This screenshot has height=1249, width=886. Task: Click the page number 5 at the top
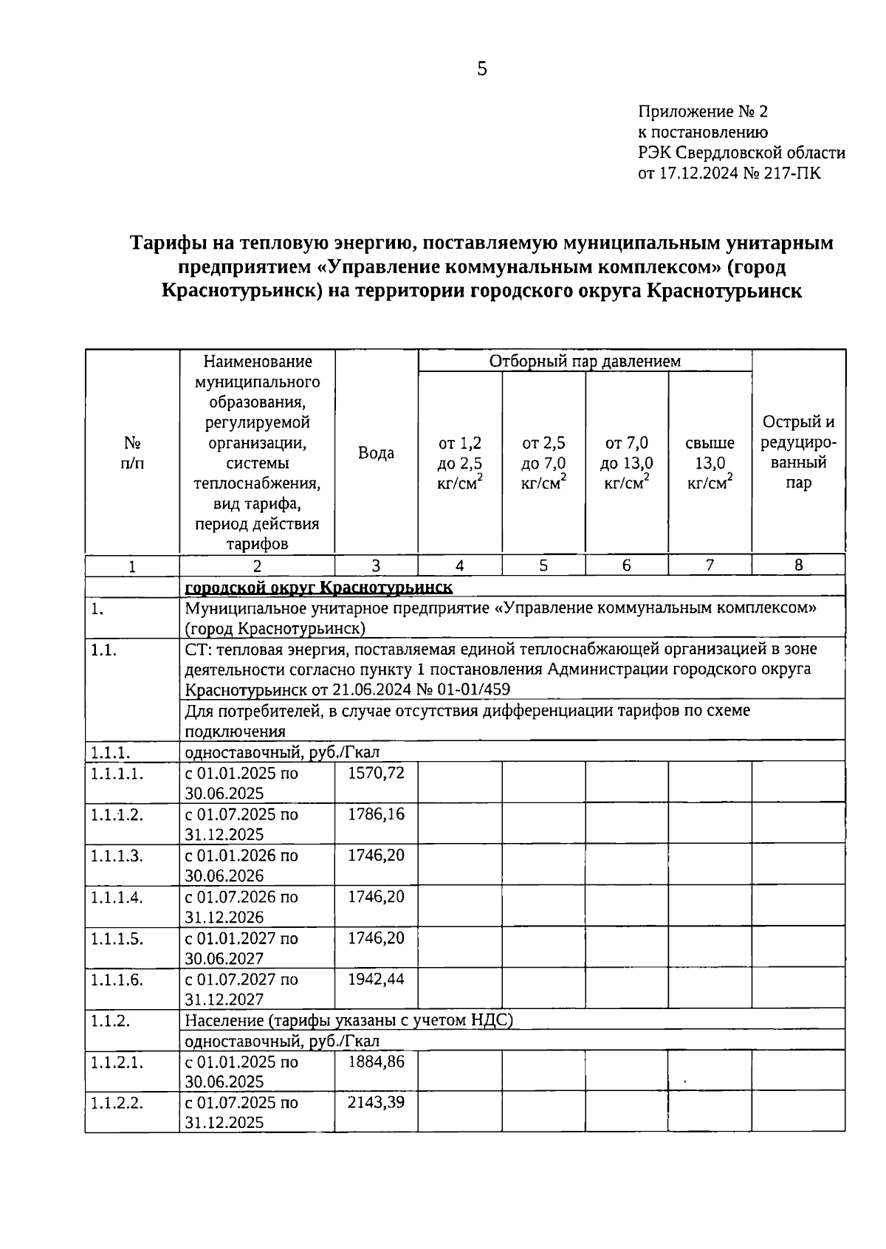coord(482,69)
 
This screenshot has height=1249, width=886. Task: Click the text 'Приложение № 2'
coord(703,112)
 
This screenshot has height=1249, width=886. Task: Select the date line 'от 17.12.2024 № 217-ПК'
coord(729,174)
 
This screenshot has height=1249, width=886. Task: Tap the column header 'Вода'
coord(376,453)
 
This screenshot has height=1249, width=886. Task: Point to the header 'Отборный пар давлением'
coord(585,361)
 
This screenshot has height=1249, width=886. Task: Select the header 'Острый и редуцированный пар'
coord(798,453)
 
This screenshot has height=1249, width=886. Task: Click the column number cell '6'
coord(626,565)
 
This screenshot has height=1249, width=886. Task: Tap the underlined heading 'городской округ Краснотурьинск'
coord(318,587)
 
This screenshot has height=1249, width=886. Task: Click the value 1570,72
coord(376,773)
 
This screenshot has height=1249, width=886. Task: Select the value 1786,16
coord(376,814)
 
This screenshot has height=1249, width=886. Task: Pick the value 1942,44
coord(376,980)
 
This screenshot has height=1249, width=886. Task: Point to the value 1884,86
coord(376,1062)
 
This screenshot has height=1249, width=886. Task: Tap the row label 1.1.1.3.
coord(117,856)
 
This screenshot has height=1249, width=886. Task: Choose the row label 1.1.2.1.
coord(117,1062)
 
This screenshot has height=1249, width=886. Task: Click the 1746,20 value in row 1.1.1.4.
coord(376,897)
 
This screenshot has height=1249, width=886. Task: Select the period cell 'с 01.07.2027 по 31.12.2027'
coord(241,989)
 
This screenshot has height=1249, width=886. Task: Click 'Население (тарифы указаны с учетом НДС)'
coord(348,1020)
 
